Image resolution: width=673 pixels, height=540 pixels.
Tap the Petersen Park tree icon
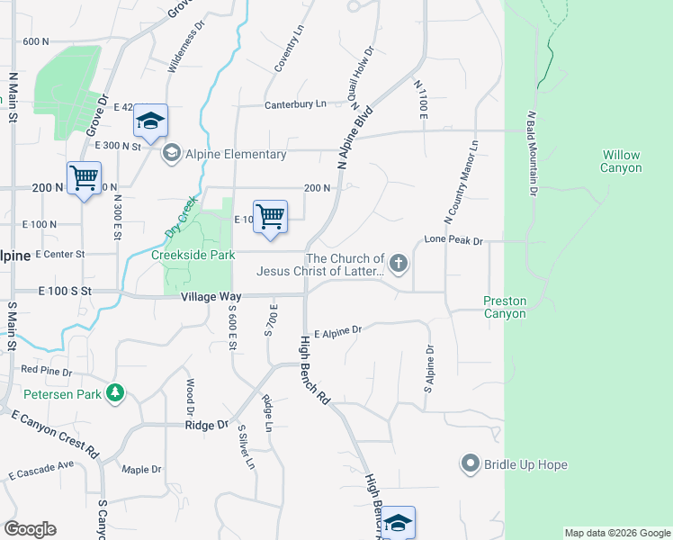pos(115,392)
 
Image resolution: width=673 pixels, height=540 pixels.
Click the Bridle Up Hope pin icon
pos(470,464)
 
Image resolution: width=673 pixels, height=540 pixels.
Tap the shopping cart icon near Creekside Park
pos(270,217)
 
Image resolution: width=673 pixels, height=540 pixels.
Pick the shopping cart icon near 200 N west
pos(84,178)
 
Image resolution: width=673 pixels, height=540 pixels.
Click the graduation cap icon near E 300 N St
pos(151,121)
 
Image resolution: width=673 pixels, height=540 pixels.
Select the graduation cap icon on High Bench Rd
pos(398,523)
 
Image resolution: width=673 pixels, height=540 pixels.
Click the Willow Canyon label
pos(622,162)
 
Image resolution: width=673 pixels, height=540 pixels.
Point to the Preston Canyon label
pos(504,307)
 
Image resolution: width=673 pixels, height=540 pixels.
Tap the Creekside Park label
pos(193,255)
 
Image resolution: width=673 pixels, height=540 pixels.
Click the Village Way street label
pos(211,296)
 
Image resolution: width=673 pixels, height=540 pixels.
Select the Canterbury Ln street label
pos(295,104)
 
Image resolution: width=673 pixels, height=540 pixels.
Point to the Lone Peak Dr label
pos(453,241)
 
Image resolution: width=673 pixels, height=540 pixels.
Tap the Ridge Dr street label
pos(207,425)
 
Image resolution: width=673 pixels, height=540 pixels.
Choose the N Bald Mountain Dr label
pos(532,153)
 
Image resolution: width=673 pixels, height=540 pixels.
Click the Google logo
pos(30,529)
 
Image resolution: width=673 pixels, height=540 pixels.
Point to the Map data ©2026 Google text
pos(617,533)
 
